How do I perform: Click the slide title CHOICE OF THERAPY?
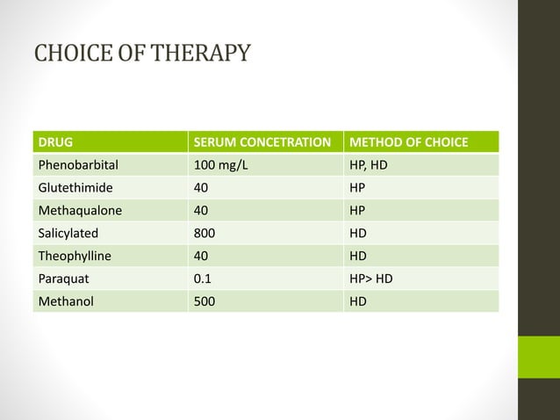(141, 53)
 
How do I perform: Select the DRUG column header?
(54, 141)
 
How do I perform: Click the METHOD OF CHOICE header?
(408, 141)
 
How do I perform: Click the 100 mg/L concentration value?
(220, 164)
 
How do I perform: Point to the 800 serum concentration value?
(205, 233)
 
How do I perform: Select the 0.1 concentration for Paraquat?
(203, 279)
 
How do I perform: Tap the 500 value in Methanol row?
(205, 301)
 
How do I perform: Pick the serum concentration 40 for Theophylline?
(201, 256)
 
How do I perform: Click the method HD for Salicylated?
(359, 233)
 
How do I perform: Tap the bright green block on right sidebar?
(538, 357)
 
